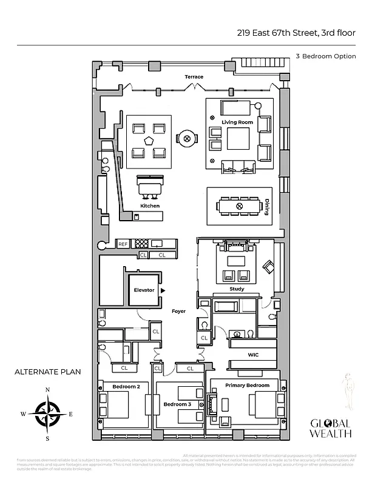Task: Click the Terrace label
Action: click(x=194, y=77)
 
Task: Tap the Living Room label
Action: click(x=237, y=122)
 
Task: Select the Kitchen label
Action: click(x=150, y=206)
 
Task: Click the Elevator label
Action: click(x=144, y=290)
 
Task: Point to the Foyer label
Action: click(x=178, y=311)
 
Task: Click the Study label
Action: click(x=237, y=289)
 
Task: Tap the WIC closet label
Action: click(x=254, y=355)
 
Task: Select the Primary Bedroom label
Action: click(x=247, y=385)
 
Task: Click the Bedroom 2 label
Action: click(x=126, y=386)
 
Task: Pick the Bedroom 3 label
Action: click(x=177, y=404)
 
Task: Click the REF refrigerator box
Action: click(x=123, y=244)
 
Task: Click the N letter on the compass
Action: click(x=47, y=390)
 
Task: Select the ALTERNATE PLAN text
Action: click(x=48, y=371)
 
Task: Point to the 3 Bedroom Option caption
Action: click(x=325, y=56)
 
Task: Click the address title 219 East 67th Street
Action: click(x=296, y=34)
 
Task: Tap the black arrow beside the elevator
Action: click(x=163, y=291)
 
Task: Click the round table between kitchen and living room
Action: click(x=187, y=138)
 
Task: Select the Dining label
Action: click(x=266, y=208)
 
